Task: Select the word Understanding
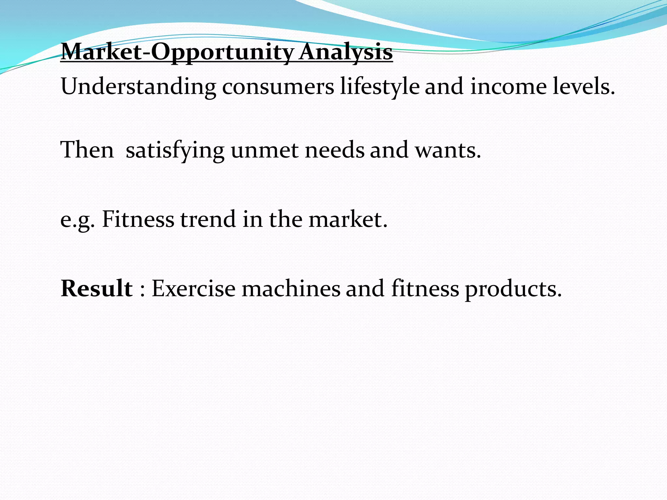tap(138, 87)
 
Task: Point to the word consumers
tap(278, 87)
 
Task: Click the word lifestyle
tap(379, 87)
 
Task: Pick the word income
tap(508, 87)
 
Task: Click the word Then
tap(87, 150)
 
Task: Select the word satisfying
tap(175, 151)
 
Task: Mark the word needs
tap(334, 151)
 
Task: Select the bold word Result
tap(97, 288)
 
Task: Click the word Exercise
tap(193, 288)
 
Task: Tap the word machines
tap(291, 288)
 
